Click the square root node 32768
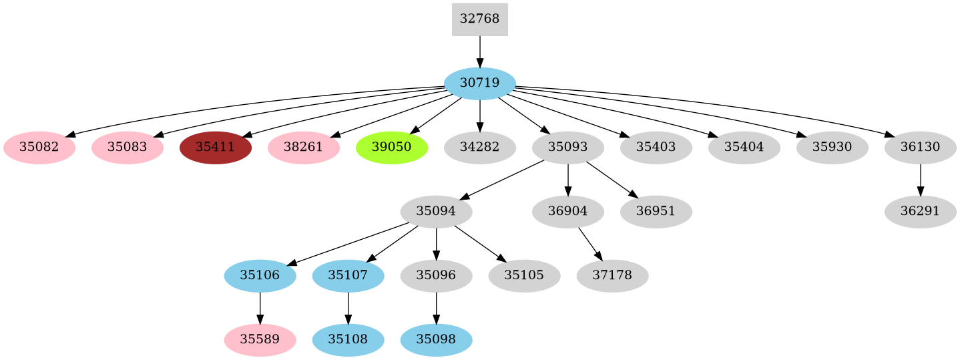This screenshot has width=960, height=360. click(479, 19)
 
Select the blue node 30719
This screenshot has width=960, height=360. click(479, 83)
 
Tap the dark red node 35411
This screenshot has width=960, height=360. click(216, 148)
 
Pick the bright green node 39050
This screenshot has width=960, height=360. click(392, 148)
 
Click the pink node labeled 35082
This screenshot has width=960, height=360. click(39, 148)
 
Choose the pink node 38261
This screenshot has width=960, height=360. click(304, 148)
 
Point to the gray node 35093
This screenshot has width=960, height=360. click(567, 148)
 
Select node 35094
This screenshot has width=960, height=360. click(436, 212)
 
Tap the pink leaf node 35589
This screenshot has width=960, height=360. click(260, 340)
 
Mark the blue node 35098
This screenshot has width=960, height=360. click(436, 340)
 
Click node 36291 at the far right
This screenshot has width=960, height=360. click(920, 212)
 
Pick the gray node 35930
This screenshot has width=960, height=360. click(832, 148)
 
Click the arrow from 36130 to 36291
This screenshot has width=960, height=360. click(920, 180)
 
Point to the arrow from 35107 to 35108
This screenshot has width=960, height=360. click(348, 308)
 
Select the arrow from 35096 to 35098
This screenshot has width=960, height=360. click(436, 308)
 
